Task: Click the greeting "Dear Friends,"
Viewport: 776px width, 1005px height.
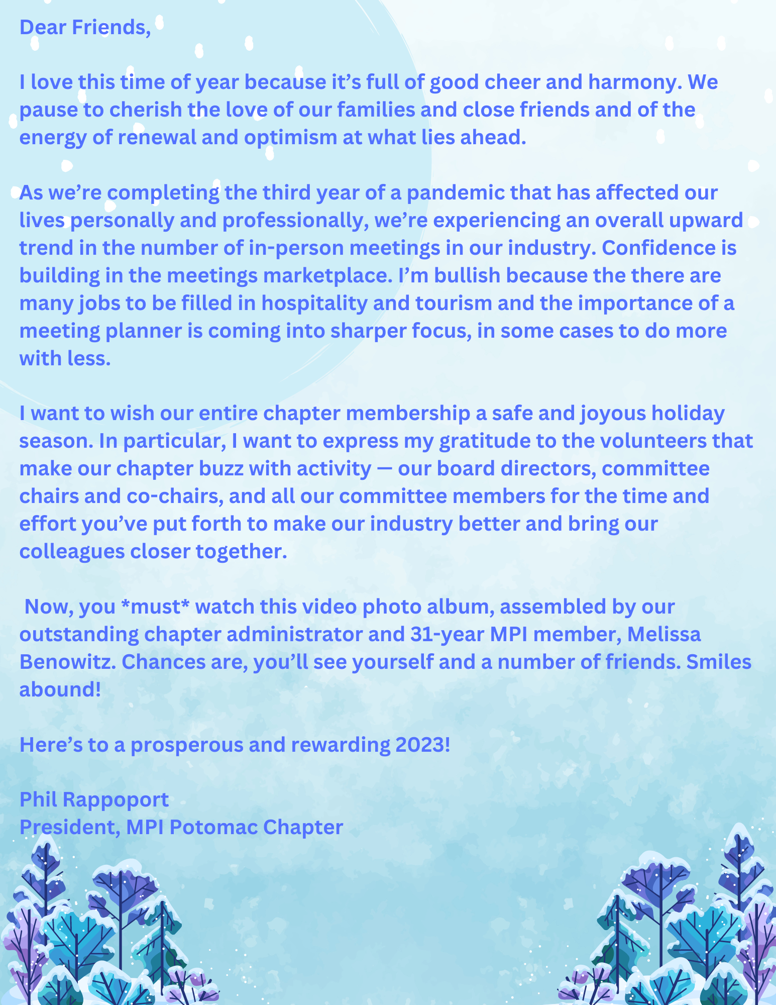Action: click(x=85, y=27)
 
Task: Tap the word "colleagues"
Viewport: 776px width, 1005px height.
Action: click(x=72, y=551)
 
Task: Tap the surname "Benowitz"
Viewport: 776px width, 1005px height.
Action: click(x=68, y=662)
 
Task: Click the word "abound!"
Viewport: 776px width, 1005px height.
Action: click(x=60, y=689)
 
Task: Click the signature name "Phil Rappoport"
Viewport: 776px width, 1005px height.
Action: click(x=94, y=799)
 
